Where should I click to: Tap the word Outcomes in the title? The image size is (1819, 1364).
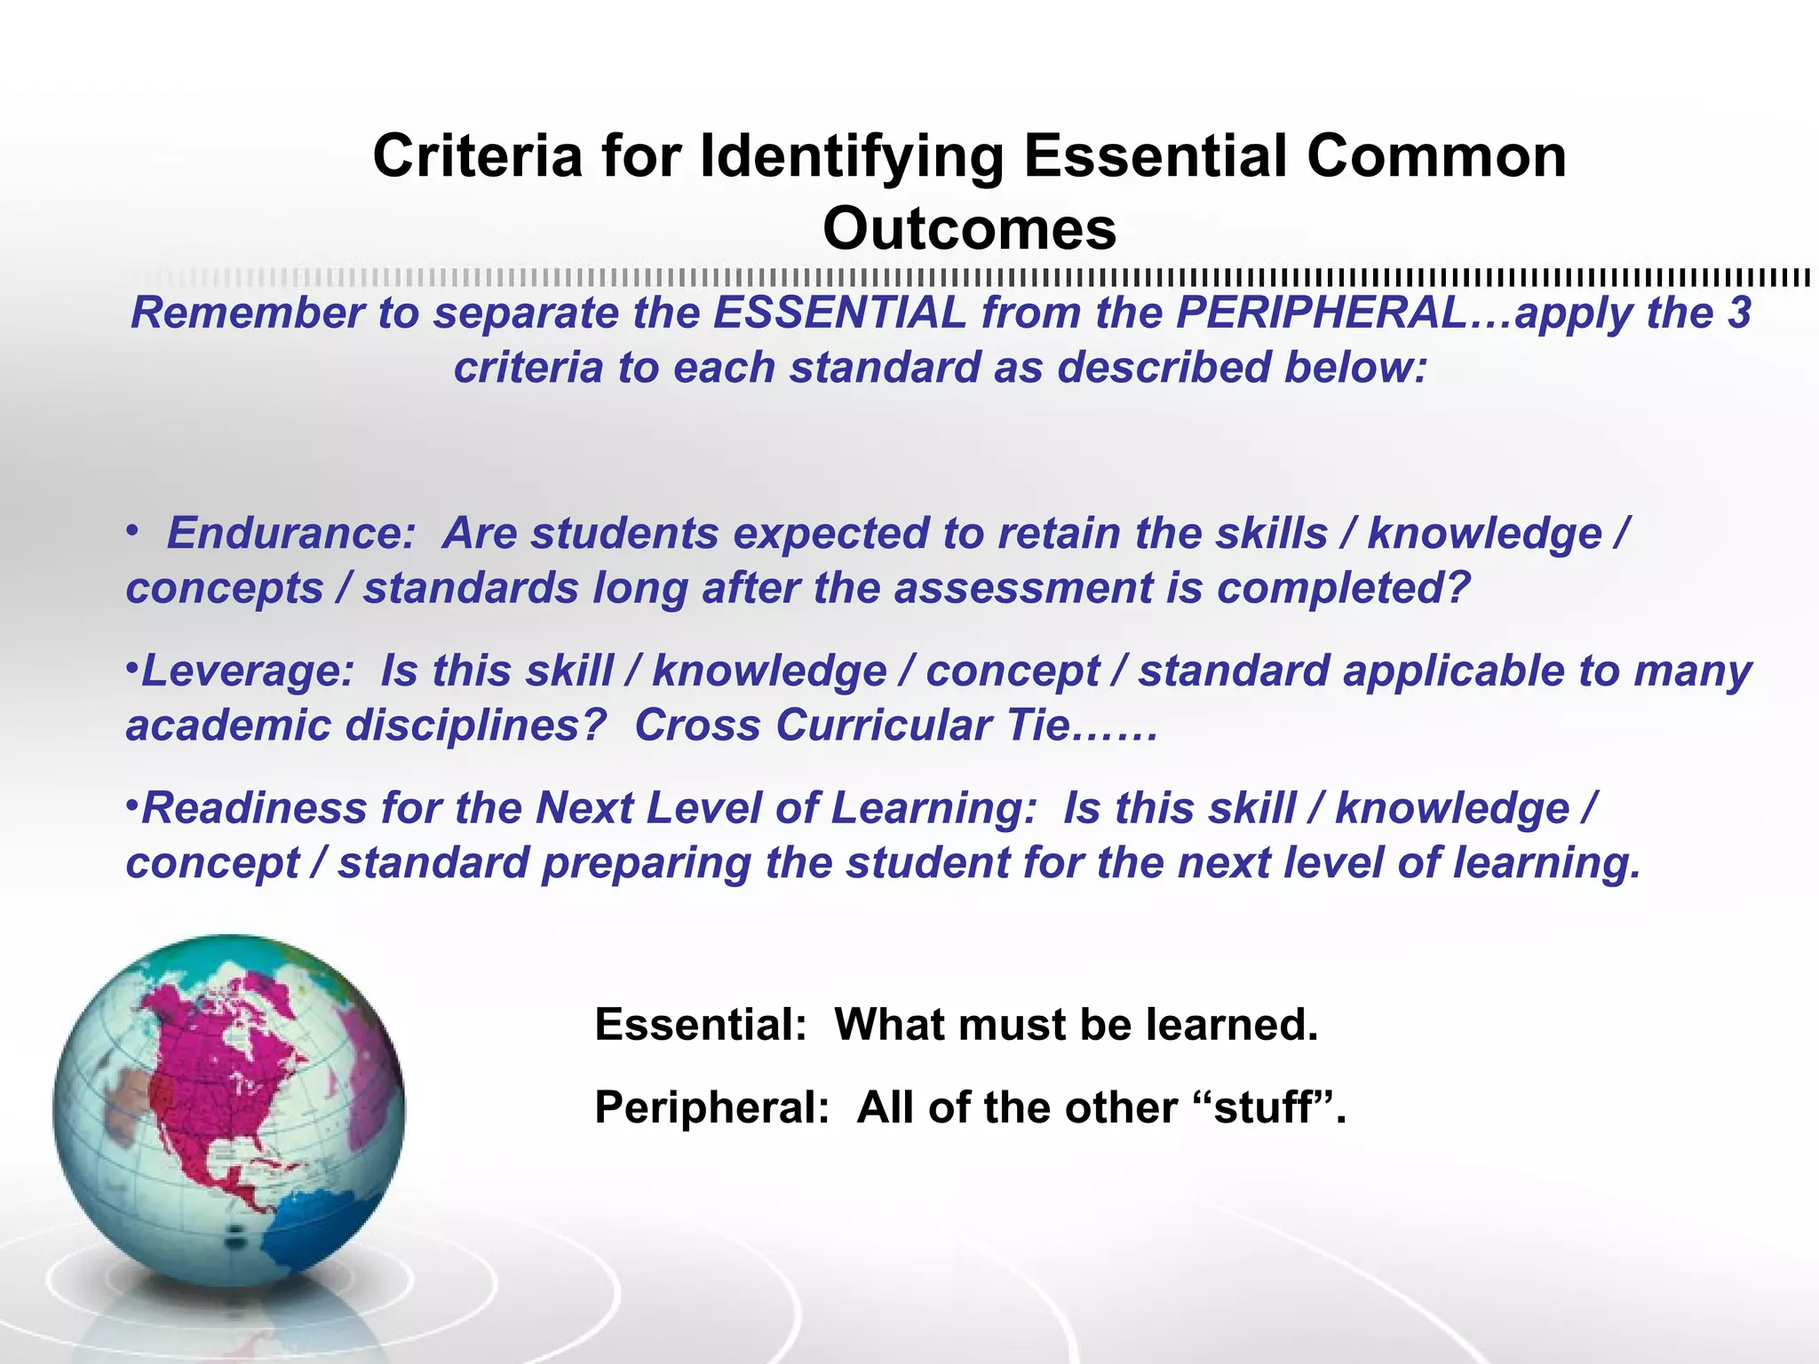[969, 229]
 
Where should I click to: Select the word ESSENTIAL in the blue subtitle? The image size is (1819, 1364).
[839, 313]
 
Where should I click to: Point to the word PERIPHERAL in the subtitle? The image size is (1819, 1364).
[1322, 313]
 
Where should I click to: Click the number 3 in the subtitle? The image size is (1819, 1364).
[1739, 313]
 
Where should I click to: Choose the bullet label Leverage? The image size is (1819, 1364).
[248, 671]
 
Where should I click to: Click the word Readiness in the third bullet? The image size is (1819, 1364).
[254, 809]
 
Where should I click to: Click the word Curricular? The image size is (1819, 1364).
[884, 726]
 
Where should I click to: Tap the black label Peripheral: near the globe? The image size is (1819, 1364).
[711, 1108]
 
